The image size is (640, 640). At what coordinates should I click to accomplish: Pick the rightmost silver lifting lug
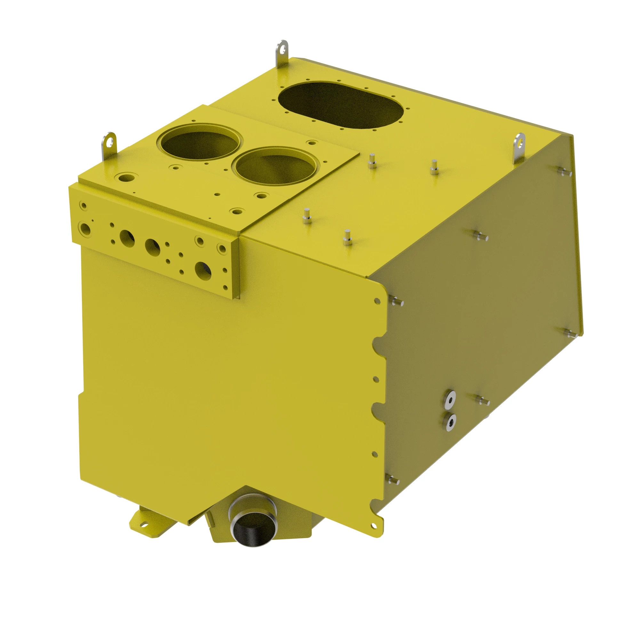(x=519, y=146)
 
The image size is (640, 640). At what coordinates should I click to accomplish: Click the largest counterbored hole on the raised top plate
(x=126, y=177)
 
